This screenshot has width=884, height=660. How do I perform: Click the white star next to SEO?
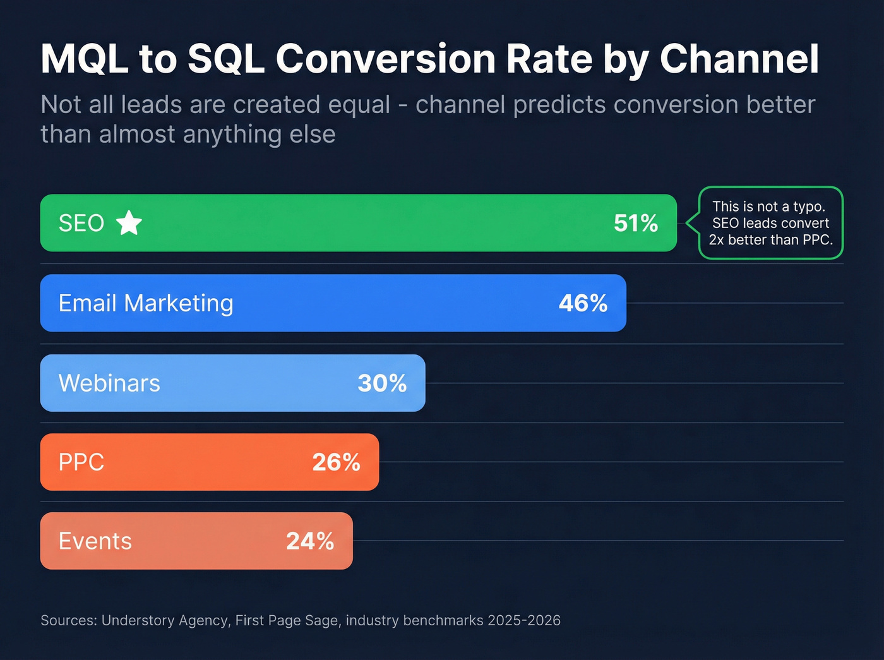[129, 223]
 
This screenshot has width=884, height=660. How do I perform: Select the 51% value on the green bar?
[635, 223]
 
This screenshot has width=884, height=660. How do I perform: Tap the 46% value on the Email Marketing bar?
[583, 303]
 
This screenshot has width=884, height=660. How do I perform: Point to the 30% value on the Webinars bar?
[382, 383]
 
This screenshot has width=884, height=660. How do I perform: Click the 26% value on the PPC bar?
[336, 462]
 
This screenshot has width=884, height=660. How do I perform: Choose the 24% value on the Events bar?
[310, 541]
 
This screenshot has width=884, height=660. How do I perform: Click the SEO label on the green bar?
[81, 223]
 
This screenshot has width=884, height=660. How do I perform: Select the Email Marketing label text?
[146, 303]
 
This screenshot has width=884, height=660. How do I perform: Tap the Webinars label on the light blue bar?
[109, 383]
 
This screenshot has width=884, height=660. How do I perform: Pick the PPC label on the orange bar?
[81, 462]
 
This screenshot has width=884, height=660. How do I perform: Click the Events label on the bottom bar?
[95, 541]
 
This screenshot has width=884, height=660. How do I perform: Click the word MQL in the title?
[84, 59]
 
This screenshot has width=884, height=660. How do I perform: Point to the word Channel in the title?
[739, 59]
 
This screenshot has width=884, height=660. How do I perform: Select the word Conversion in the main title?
[385, 59]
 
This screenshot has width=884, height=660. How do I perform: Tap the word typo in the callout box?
[809, 207]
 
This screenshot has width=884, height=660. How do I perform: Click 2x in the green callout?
[716, 240]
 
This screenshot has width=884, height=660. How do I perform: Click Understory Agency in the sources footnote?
[165, 620]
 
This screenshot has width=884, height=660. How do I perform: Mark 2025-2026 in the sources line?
[523, 620]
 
